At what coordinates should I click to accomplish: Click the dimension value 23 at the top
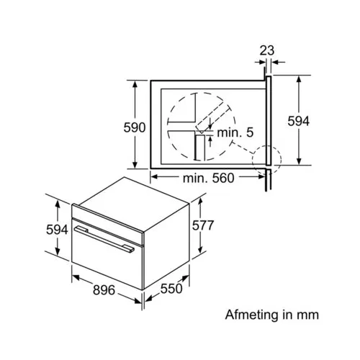point(267,50)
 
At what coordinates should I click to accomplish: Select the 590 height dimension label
point(135,127)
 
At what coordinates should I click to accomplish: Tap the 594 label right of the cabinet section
point(299,121)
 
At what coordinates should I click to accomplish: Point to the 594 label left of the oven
point(57,230)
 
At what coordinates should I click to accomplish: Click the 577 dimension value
point(203,225)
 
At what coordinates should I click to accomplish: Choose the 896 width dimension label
point(104,290)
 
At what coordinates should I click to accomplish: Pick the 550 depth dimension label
point(171,288)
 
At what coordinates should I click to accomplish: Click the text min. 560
point(208,178)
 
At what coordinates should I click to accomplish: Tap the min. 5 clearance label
point(235,132)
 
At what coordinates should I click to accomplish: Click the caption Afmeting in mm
point(272,315)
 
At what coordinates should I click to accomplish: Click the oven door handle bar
point(104,239)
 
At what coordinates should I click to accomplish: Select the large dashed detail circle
point(167,127)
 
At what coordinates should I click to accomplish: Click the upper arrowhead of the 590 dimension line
point(135,85)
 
